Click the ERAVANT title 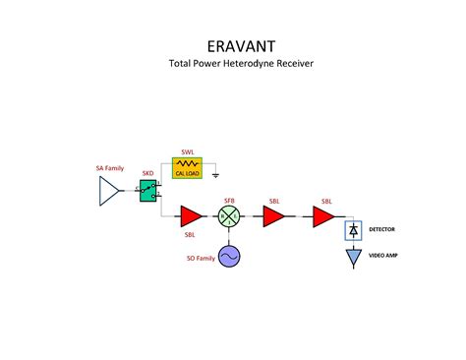click(x=233, y=46)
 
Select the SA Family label click(x=109, y=168)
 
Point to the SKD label click(x=147, y=173)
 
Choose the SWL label click(x=187, y=152)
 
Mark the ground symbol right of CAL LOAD click(x=215, y=173)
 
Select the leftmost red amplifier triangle click(x=190, y=216)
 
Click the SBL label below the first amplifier click(x=190, y=236)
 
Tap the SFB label click(x=229, y=201)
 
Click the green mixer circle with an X click(x=229, y=217)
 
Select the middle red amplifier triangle click(x=272, y=216)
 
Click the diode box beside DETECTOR click(x=352, y=230)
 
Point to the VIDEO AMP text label click(x=384, y=255)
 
